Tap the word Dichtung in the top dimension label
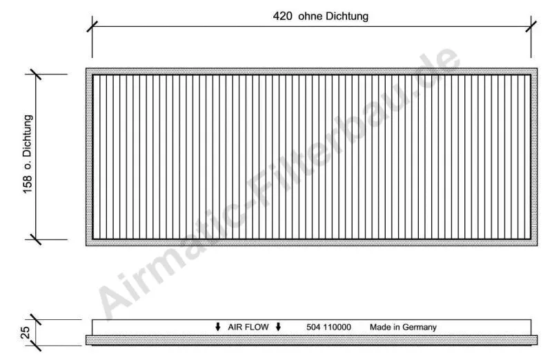click(x=343, y=17)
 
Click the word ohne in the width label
click(x=310, y=17)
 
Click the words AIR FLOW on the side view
click(x=248, y=327)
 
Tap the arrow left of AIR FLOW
click(x=218, y=327)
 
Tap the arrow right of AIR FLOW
click(x=278, y=327)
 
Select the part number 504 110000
click(x=328, y=327)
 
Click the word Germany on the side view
click(x=420, y=327)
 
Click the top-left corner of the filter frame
click(x=87, y=69)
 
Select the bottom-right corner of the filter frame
click(x=537, y=245)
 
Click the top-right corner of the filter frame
click(x=537, y=69)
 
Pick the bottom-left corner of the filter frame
click(x=87, y=245)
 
